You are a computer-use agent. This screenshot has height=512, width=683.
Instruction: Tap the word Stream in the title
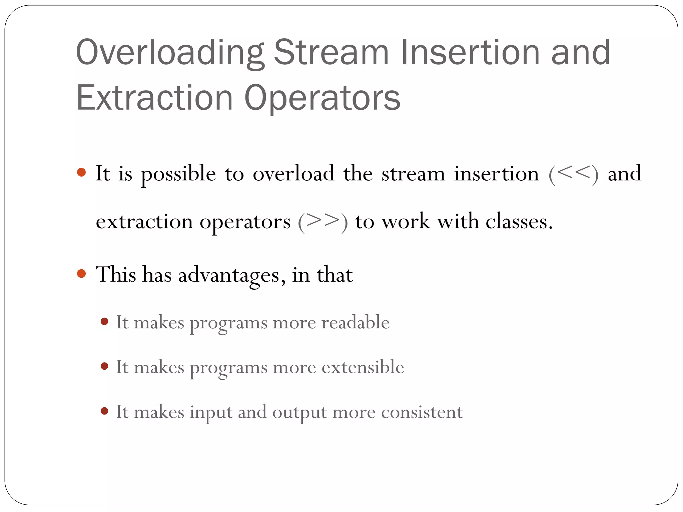click(331, 53)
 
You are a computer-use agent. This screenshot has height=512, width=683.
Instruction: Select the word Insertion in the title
click(470, 53)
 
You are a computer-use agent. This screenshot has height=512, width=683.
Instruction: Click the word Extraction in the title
click(154, 98)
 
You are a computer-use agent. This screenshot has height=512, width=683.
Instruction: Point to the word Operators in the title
click(322, 98)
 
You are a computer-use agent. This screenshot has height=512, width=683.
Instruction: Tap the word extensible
click(363, 367)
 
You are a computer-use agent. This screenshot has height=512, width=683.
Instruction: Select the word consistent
click(422, 412)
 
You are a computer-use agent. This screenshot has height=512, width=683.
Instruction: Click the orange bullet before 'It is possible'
click(81, 173)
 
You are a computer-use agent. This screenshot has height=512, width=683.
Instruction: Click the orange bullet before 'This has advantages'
click(81, 274)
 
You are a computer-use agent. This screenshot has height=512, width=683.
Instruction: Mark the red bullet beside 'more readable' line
click(104, 321)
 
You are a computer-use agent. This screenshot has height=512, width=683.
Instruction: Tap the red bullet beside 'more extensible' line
click(104, 366)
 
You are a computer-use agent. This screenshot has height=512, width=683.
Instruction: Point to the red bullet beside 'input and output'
click(104, 411)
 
